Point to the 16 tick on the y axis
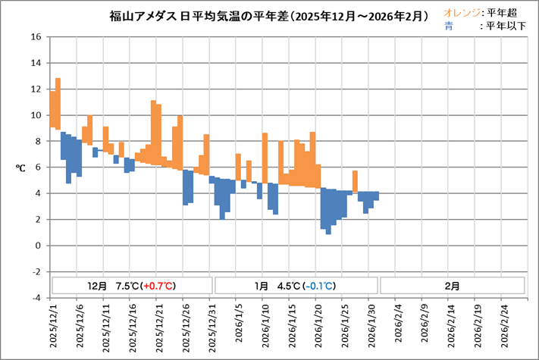[x=36, y=37]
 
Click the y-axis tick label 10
[x=36, y=115]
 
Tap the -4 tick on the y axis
[x=36, y=298]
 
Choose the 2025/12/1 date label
[x=53, y=327]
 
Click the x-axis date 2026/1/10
[x=266, y=327]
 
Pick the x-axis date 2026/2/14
[x=450, y=327]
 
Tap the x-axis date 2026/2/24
[x=503, y=327]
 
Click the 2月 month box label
[x=452, y=286]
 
